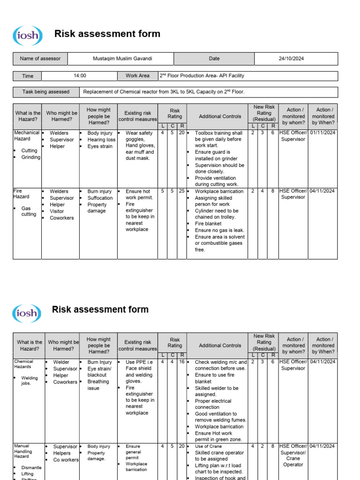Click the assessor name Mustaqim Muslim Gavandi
pyautogui.click(x=123, y=59)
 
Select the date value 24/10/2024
pyautogui.click(x=291, y=59)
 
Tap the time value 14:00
pyautogui.click(x=80, y=75)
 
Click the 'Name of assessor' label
pyautogui.click(x=40, y=59)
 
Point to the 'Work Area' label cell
pyautogui.click(x=137, y=75)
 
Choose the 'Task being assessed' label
pyautogui.click(x=45, y=92)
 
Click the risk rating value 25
pyautogui.click(x=181, y=191)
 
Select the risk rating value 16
pyautogui.click(x=181, y=362)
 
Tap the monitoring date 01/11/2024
pyautogui.click(x=322, y=133)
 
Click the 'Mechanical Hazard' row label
pyautogui.click(x=26, y=136)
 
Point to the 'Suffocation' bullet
pyautogui.click(x=100, y=198)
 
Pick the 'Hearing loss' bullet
pyautogui.click(x=101, y=140)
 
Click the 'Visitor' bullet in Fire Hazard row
pyautogui.click(x=58, y=211)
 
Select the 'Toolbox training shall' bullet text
pyautogui.click(x=218, y=133)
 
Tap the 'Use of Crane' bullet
pyautogui.click(x=209, y=446)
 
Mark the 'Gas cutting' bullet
pyautogui.click(x=29, y=211)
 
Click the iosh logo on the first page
pyautogui.click(x=28, y=35)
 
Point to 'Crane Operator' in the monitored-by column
pyautogui.click(x=293, y=462)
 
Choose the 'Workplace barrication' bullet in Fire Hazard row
pyautogui.click(x=219, y=191)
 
